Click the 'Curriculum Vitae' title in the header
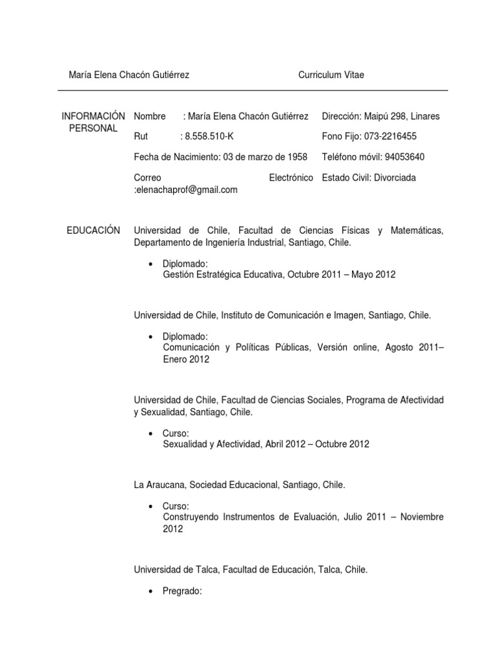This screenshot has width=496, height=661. [331, 75]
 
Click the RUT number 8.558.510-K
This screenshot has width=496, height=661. [211, 136]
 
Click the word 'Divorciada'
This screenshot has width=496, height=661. [393, 178]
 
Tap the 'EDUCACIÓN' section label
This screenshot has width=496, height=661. [94, 230]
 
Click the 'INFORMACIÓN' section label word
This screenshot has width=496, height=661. [94, 116]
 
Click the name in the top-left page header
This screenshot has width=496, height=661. [129, 75]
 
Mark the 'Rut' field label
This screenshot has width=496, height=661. [141, 136]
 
